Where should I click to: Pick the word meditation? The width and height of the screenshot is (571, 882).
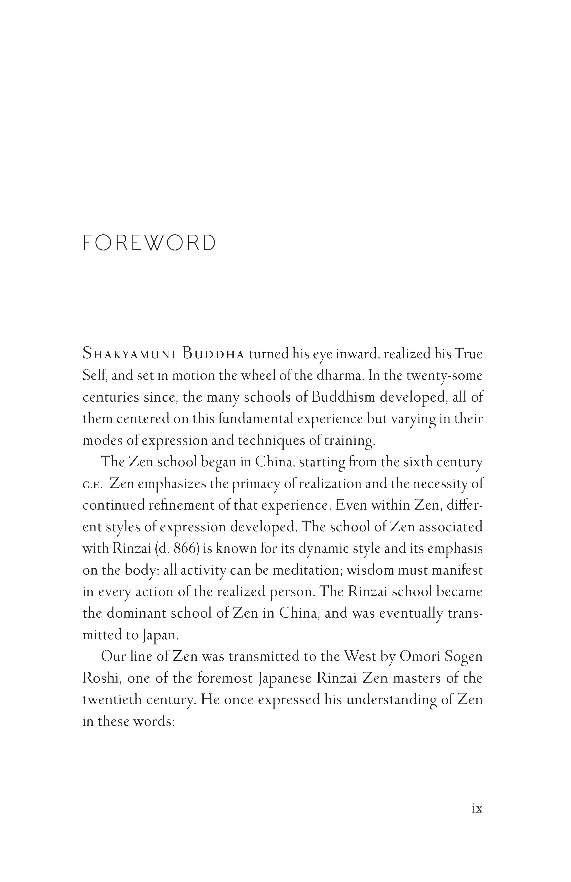point(307,570)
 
